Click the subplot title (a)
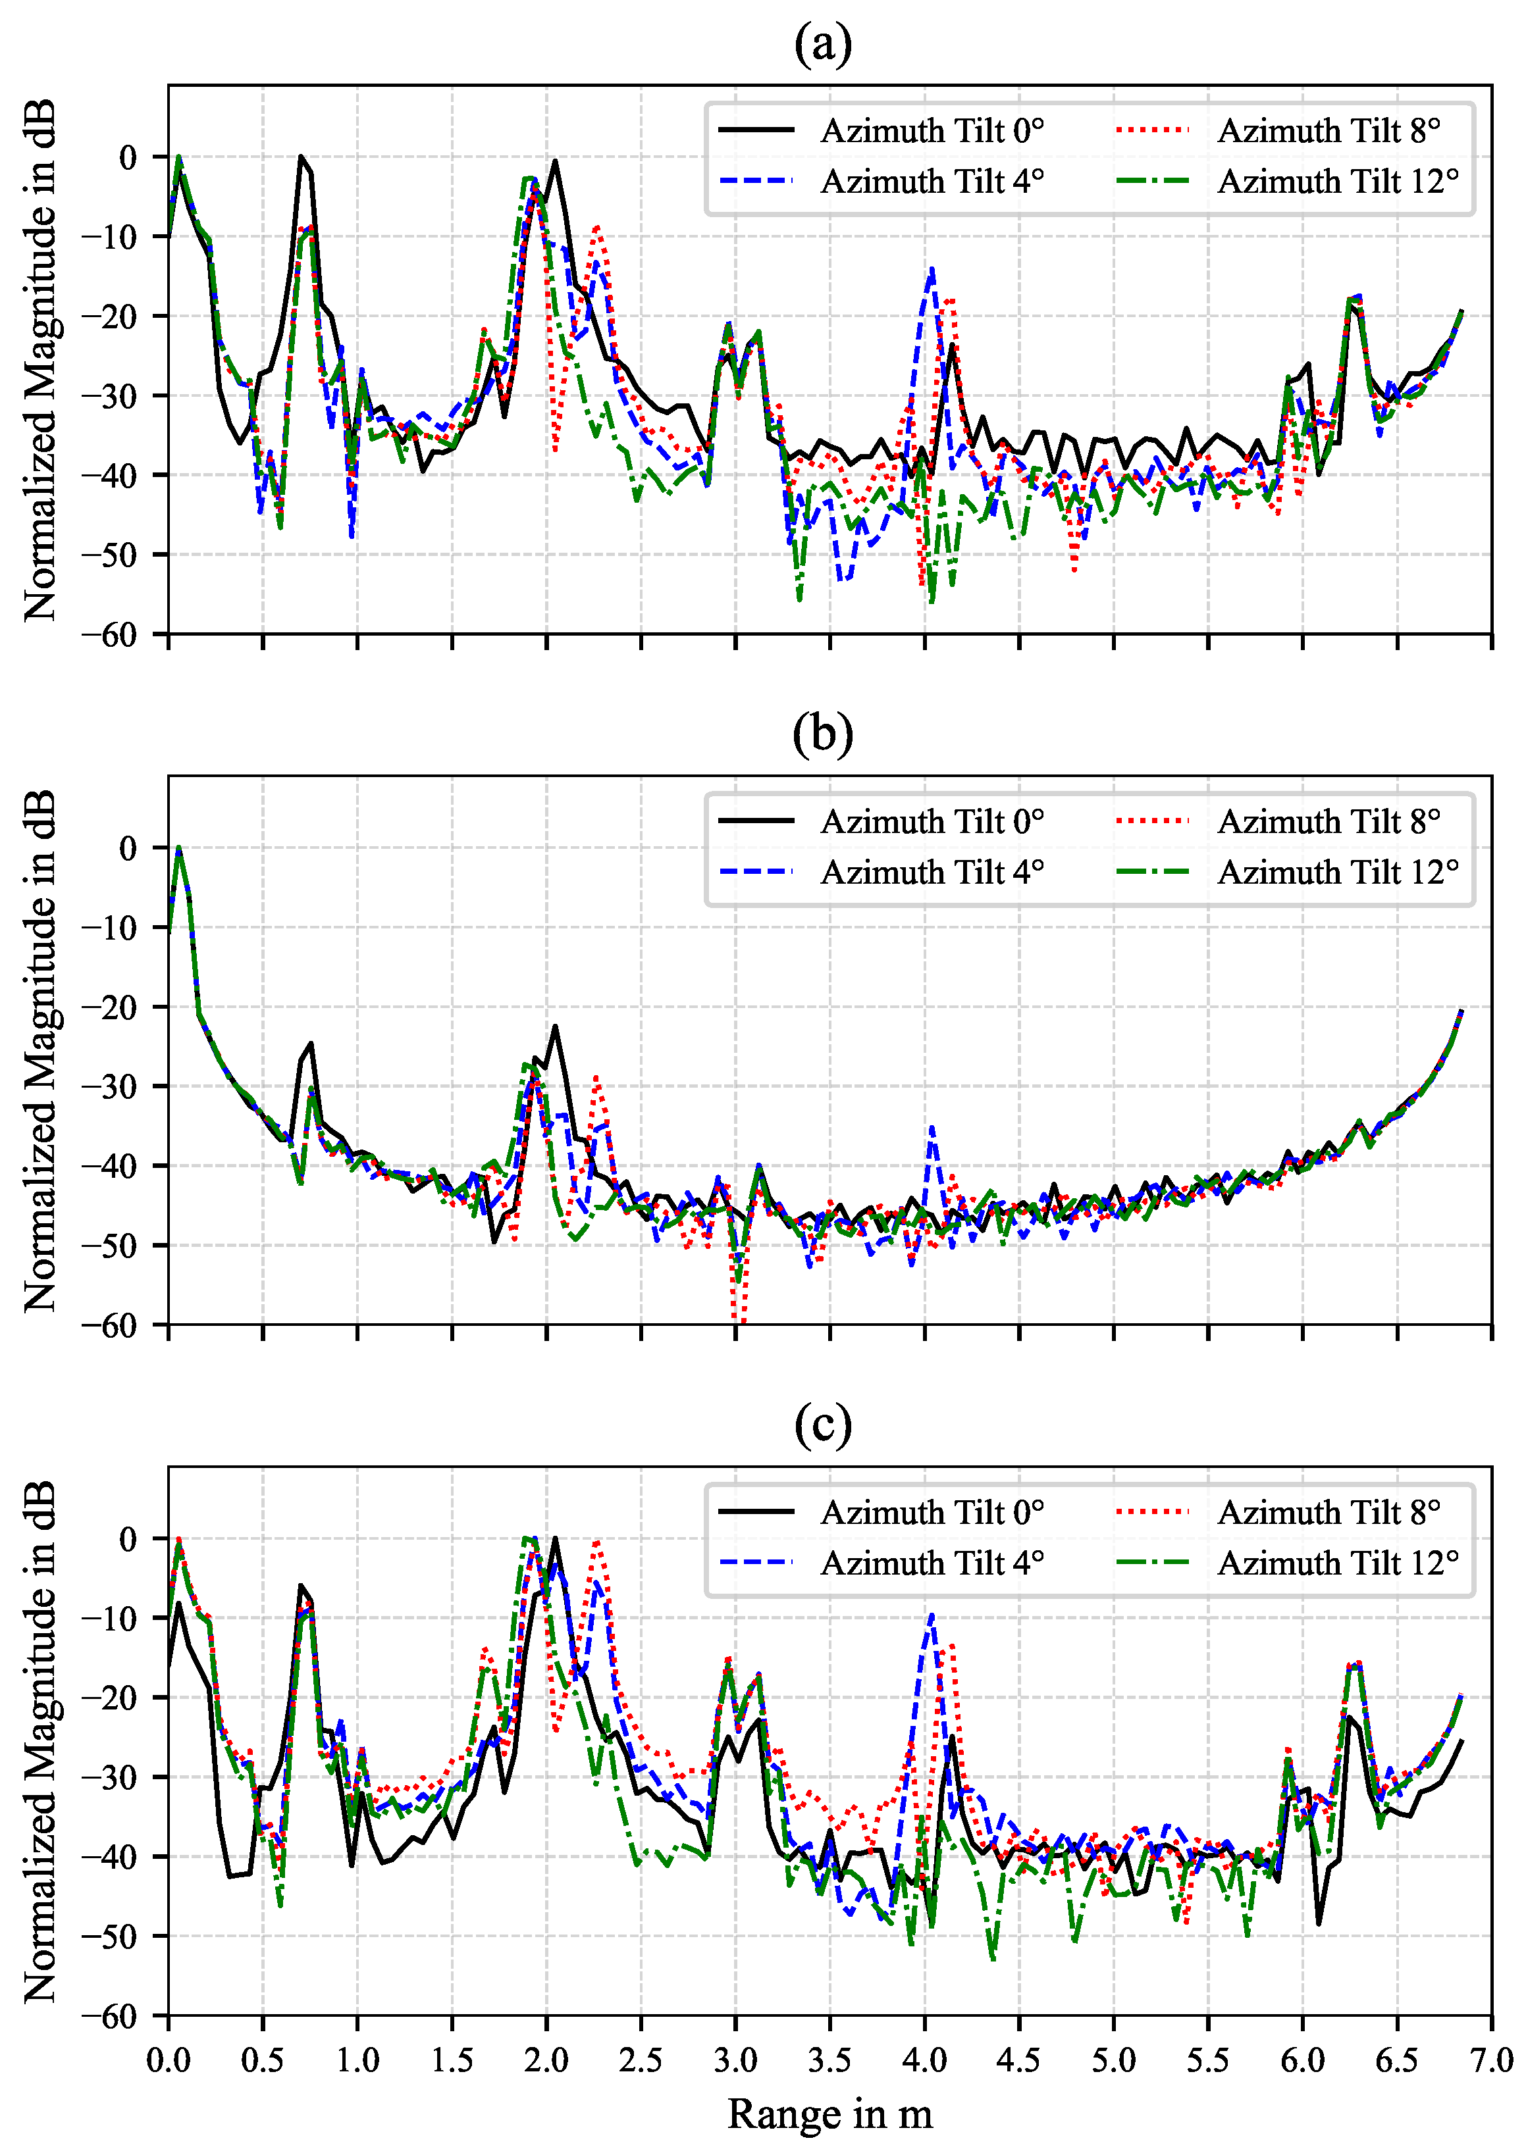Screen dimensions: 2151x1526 coord(822,44)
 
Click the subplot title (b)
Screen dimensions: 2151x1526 coord(822,734)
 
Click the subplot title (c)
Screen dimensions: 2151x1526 coord(822,1425)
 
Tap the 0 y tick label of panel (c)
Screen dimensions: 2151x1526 coord(128,1538)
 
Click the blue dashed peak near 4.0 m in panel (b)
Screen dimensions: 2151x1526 coord(931,1127)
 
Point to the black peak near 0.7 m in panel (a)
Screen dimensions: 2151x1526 coord(301,158)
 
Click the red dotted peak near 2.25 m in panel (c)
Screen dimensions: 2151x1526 coord(596,1543)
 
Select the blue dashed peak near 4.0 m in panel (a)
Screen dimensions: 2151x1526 coord(931,270)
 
